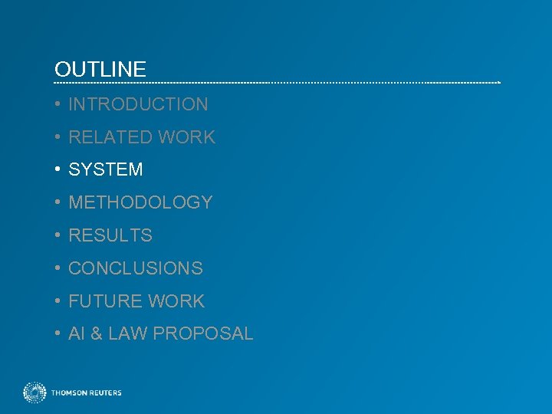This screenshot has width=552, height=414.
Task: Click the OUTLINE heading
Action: click(100, 70)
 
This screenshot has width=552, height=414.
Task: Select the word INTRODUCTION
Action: click(138, 104)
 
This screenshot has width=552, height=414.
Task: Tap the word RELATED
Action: click(110, 137)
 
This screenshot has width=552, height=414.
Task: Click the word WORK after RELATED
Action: click(187, 137)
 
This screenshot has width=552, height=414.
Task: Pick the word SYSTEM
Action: click(106, 169)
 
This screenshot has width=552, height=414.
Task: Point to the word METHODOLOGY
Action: click(140, 202)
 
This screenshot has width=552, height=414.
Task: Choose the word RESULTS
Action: click(110, 235)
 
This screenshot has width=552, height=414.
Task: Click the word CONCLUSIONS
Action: click(136, 268)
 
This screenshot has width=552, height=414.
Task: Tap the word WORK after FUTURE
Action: click(177, 301)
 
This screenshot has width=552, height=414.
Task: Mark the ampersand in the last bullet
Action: click(97, 334)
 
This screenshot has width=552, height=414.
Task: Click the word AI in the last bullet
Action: click(76, 334)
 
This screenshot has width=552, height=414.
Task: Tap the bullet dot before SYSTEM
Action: click(58, 169)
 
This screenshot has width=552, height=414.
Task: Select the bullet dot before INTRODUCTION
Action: click(58, 104)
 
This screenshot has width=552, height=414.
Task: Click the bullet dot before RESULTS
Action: click(58, 235)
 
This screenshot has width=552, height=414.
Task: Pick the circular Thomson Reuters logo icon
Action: click(34, 393)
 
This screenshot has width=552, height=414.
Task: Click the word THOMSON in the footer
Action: click(69, 393)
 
